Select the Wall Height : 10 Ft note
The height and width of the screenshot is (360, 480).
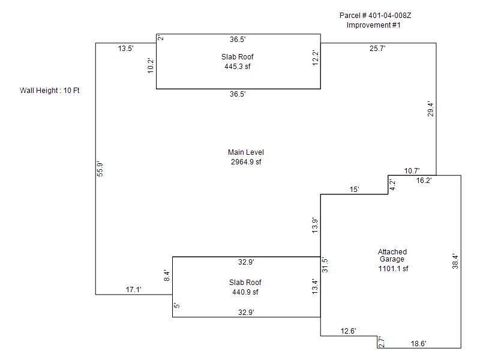coord(50,91)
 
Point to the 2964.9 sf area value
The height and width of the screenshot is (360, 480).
coord(246,162)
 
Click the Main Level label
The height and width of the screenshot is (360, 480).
coord(246,152)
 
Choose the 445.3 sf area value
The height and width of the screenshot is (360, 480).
coord(238,67)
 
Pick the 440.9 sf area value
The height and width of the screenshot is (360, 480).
coord(245,292)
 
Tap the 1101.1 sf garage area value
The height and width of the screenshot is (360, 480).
coord(393,269)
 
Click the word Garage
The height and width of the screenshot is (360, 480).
coord(392,259)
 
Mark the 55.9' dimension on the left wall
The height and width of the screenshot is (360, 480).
coord(101,169)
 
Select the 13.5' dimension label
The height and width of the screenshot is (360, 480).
coord(125,49)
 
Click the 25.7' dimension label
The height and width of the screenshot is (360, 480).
coord(377,49)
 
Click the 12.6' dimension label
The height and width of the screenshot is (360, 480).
coord(349,331)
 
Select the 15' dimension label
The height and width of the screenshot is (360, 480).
coord(355,190)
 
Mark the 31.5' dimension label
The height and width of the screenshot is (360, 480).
coord(325,264)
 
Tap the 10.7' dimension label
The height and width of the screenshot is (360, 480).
coord(412,171)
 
